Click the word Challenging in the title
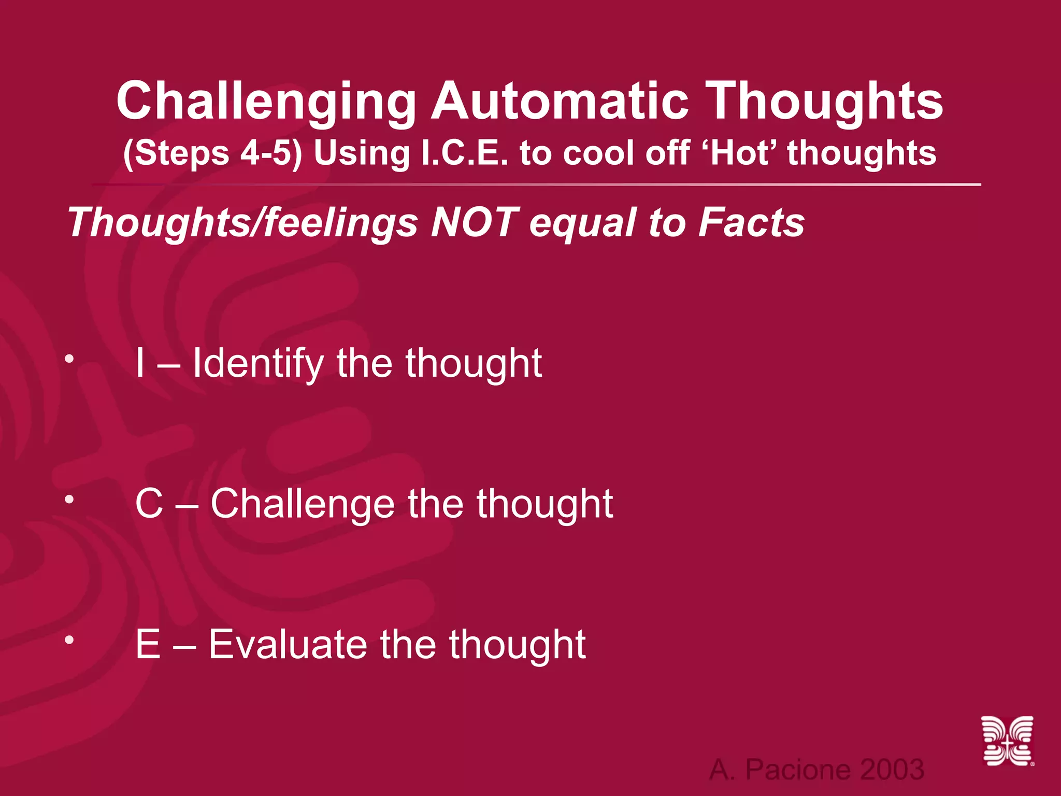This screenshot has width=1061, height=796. (x=266, y=102)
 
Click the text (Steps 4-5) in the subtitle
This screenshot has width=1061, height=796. (x=212, y=154)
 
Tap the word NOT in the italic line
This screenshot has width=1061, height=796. (x=475, y=222)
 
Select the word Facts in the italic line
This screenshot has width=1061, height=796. (x=751, y=222)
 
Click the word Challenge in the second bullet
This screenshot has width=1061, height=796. (x=303, y=504)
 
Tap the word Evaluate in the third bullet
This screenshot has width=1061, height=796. (x=288, y=645)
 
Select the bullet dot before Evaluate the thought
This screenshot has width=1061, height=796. (x=69, y=640)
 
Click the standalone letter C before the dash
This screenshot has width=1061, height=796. (x=149, y=504)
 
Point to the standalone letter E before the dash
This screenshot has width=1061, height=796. (x=148, y=644)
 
